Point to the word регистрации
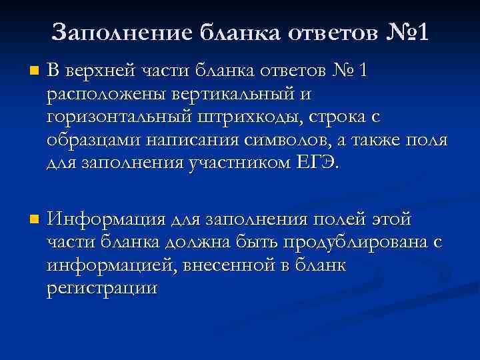(x=103, y=289)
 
